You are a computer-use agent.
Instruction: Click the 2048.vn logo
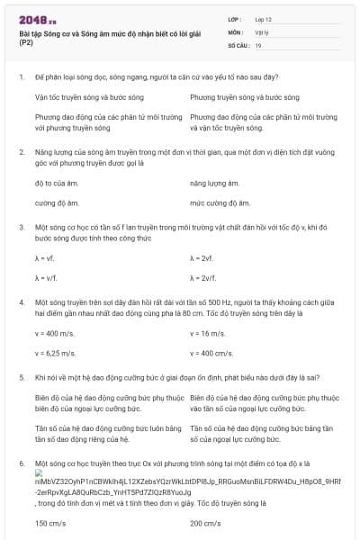(37, 20)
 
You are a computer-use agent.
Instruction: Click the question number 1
(21, 78)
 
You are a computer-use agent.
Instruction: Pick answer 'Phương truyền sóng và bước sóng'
(235, 97)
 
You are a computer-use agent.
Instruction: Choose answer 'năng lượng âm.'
(214, 184)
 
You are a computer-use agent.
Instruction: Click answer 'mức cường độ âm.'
(220, 203)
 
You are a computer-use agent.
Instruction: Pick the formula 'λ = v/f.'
(47, 278)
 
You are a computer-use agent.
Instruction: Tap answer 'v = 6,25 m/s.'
(55, 353)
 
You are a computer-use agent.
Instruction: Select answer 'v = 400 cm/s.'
(212, 353)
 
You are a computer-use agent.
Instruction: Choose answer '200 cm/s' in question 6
(205, 523)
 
